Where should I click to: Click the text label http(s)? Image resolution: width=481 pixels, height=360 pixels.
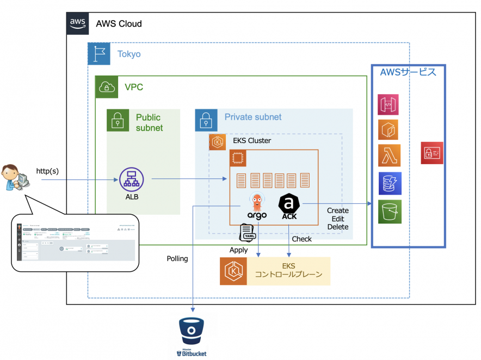pyautogui.click(x=48, y=171)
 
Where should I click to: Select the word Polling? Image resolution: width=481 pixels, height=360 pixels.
pyautogui.click(x=177, y=259)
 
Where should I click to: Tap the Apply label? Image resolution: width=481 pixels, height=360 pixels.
pyautogui.click(x=238, y=250)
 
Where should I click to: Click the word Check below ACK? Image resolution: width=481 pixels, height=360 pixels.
pyautogui.click(x=302, y=239)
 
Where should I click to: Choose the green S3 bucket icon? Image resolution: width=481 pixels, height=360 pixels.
pyautogui.click(x=390, y=212)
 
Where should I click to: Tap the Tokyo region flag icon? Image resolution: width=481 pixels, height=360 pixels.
pyautogui.click(x=99, y=54)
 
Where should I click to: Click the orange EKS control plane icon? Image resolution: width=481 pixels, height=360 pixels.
pyautogui.click(x=231, y=271)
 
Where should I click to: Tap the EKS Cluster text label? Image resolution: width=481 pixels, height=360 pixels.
pyautogui.click(x=252, y=141)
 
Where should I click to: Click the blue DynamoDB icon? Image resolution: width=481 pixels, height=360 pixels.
pyautogui.click(x=390, y=183)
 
